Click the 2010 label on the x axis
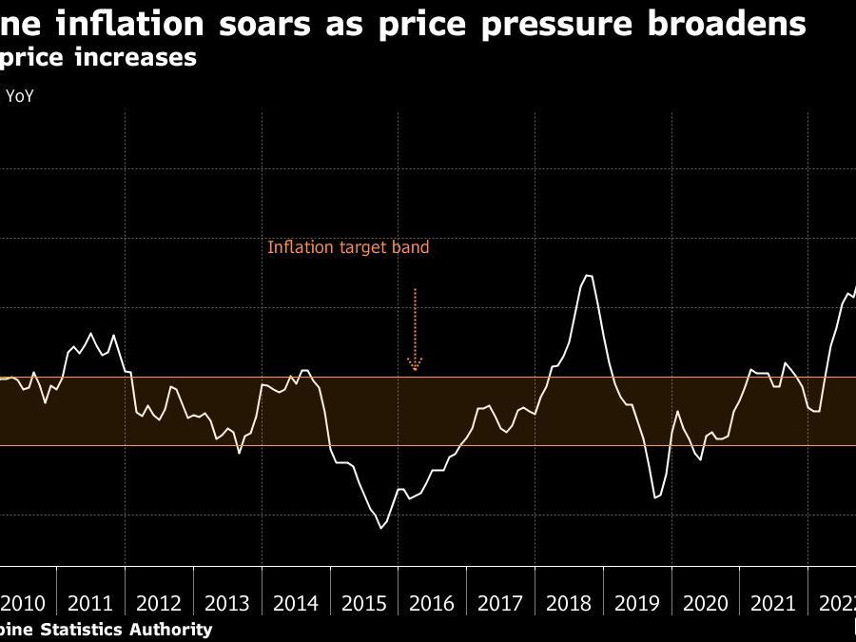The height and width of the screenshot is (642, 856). click(x=23, y=603)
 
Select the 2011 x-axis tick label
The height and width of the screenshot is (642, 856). click(x=91, y=603)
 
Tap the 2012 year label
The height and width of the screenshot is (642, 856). click(x=159, y=603)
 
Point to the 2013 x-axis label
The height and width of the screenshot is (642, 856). click(x=227, y=603)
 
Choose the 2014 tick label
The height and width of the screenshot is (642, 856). click(x=296, y=603)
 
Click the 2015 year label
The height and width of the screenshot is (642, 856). click(x=363, y=603)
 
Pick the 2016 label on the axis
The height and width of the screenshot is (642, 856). click(x=432, y=603)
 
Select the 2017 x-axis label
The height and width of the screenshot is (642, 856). click(x=500, y=603)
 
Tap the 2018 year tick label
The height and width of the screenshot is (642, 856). click(x=568, y=603)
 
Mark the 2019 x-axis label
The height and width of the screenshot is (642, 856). click(x=636, y=603)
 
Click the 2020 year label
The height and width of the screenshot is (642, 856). click(x=705, y=603)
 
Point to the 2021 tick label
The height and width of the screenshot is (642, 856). click(x=773, y=603)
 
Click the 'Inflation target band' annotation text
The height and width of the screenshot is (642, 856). click(x=348, y=247)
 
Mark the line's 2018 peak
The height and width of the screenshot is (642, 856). click(x=588, y=275)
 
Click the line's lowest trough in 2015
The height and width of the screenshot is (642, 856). click(x=380, y=528)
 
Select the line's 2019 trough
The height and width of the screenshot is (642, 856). click(x=655, y=497)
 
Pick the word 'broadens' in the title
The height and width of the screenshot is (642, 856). click(x=731, y=23)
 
